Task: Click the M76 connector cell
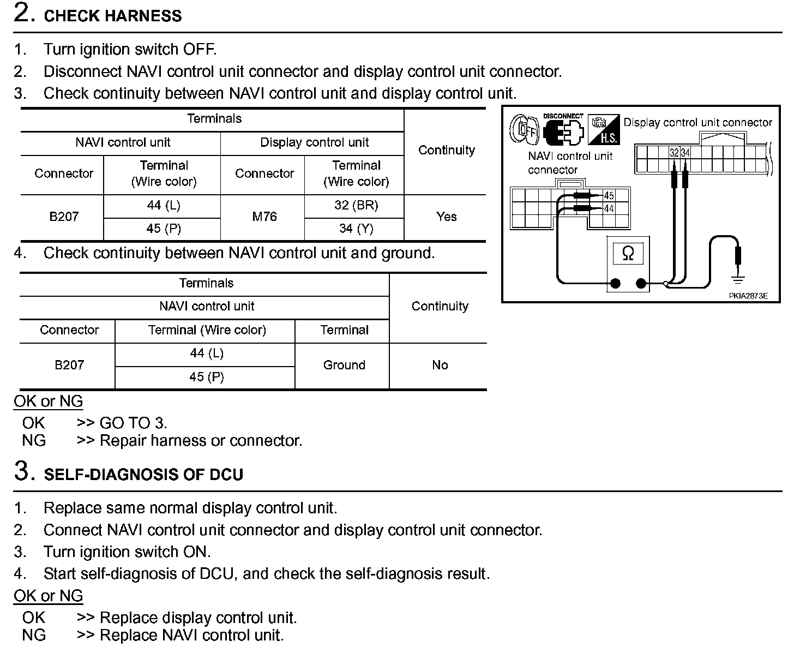pyautogui.click(x=264, y=217)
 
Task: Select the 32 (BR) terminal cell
pyautogui.click(x=356, y=205)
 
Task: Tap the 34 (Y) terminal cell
pyautogui.click(x=356, y=229)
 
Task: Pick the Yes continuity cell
pyautogui.click(x=446, y=217)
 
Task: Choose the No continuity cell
pyautogui.click(x=440, y=365)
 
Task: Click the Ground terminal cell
pyautogui.click(x=344, y=365)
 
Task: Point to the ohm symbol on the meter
pyautogui.click(x=628, y=254)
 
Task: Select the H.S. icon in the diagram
pyautogui.click(x=604, y=129)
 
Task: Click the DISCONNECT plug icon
pyautogui.click(x=564, y=130)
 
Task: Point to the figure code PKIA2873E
pyautogui.click(x=748, y=296)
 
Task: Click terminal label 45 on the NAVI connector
pyautogui.click(x=609, y=196)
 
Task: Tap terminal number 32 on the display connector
pyautogui.click(x=675, y=153)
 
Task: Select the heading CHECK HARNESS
pyautogui.click(x=113, y=16)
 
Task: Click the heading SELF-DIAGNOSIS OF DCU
pyautogui.click(x=143, y=475)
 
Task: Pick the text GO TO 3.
pyautogui.click(x=134, y=423)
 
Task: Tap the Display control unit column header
pyautogui.click(x=314, y=143)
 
